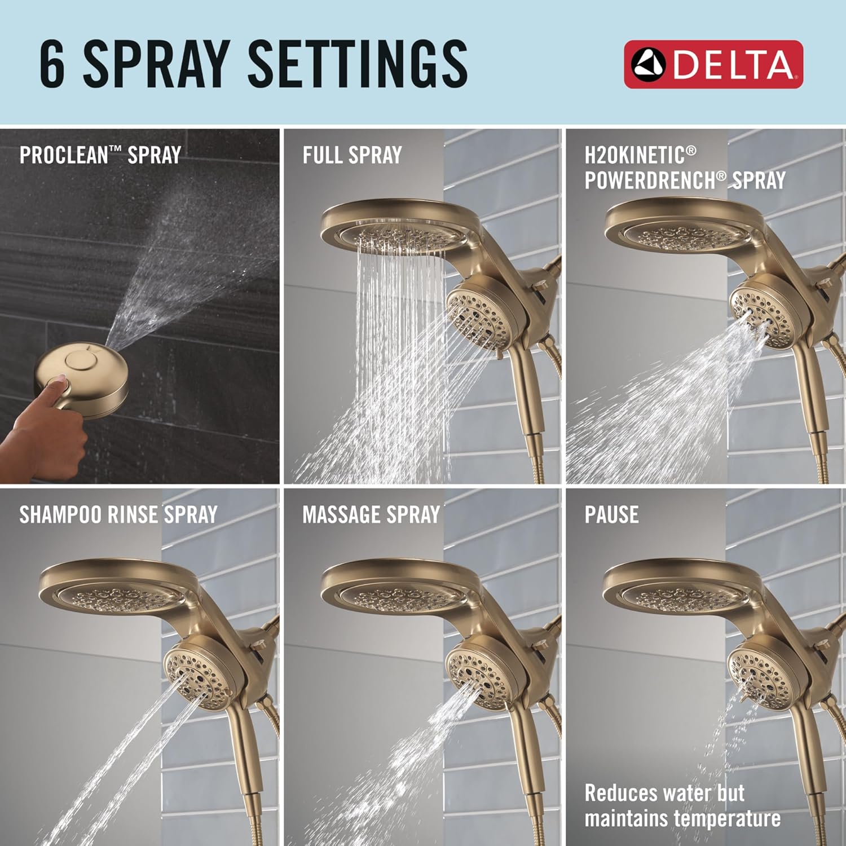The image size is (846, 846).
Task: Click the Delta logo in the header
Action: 713,64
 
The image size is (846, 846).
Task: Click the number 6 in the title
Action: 52,64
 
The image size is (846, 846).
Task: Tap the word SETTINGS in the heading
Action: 357,64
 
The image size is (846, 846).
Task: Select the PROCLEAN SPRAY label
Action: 100,155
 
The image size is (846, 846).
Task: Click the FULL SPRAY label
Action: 352,155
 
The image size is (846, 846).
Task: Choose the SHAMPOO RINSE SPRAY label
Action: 118,514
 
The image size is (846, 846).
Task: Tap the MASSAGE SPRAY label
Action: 371,514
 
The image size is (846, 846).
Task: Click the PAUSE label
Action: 611,514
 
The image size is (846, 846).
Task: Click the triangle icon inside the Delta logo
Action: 648,64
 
